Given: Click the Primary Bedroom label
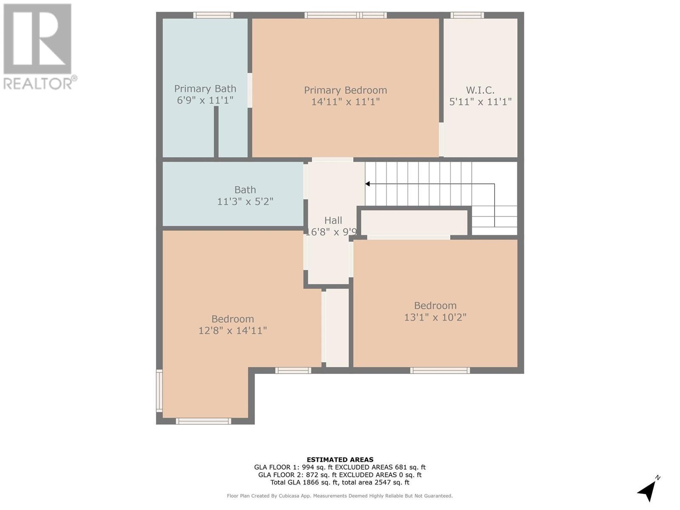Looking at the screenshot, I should coord(345,90).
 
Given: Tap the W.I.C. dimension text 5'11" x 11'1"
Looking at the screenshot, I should coord(480,102).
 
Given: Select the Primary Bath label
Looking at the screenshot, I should coord(205,89).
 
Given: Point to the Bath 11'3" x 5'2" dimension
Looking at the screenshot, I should coord(245,201).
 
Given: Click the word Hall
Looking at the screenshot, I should coord(333,220).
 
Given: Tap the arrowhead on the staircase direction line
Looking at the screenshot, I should coord(368,184).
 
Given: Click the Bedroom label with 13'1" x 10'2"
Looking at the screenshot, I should coord(435,306).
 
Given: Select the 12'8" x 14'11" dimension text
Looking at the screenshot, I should coord(232,331).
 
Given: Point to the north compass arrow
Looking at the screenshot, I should coord(647,490).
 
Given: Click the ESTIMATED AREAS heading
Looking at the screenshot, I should coord(340,459).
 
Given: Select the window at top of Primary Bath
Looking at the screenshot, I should coord(213,15).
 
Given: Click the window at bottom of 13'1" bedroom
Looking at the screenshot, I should coord(440,371).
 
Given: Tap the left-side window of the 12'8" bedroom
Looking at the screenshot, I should coord(159,391).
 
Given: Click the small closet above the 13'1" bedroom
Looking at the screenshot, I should coord(414,222).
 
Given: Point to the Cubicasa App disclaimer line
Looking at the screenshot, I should coord(340,496).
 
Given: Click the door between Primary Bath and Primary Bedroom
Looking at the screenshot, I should coord(250,90).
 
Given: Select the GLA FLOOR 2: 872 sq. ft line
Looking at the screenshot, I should coord(340,475).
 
